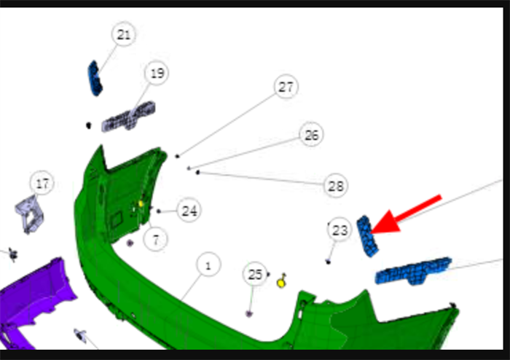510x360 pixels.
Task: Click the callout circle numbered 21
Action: click(124, 34)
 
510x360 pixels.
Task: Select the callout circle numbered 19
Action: click(157, 73)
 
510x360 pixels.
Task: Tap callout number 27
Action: click(286, 87)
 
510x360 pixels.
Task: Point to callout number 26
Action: click(311, 135)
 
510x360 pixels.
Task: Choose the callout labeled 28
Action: click(336, 186)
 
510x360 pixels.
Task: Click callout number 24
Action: click(189, 211)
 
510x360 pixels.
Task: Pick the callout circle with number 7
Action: click(155, 240)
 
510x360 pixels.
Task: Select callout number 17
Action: click(42, 183)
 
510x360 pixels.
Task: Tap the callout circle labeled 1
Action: click(208, 265)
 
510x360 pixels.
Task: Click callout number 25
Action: click(255, 275)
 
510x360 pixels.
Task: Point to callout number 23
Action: click(340, 230)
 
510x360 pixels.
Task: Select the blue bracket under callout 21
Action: click(95, 79)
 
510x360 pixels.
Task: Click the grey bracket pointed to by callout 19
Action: click(128, 117)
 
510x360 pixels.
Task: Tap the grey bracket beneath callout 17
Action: click(30, 214)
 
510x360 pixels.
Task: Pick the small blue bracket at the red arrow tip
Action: click(367, 236)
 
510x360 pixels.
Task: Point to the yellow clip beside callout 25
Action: click(282, 281)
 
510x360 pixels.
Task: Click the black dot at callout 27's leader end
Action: click(177, 157)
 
